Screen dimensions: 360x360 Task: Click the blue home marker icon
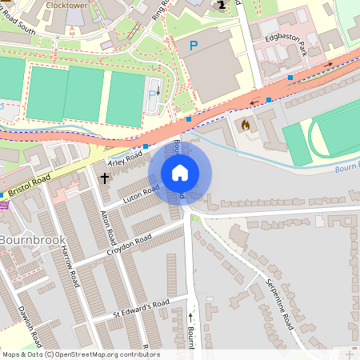pos(180,173)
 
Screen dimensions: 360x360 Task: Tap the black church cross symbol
pos(105,177)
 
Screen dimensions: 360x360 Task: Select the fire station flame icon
pos(245,126)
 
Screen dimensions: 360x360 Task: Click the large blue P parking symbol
pos(193,47)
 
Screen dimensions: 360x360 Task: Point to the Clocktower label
pos(66,5)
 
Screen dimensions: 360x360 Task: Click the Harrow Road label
pos(70,266)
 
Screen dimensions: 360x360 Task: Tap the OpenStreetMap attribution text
pos(80,354)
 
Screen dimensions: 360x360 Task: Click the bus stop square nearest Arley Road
pos(146,146)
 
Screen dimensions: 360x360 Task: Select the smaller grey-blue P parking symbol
pos(153,94)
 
